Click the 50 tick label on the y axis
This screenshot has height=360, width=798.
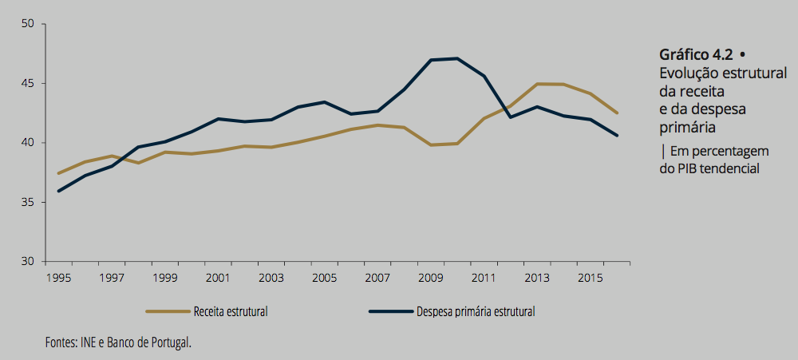pos(30,24)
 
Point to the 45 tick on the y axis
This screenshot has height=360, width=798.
pos(30,83)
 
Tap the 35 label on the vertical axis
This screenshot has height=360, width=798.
pos(30,202)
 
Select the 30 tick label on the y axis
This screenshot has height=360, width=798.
pos(30,262)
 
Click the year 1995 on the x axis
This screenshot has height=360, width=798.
pos(58,277)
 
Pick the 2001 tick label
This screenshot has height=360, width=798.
pos(218,277)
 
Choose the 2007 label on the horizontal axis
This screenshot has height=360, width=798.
pos(377,277)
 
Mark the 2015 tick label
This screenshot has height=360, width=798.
pos(590,277)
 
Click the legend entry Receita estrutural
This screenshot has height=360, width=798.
pos(230,311)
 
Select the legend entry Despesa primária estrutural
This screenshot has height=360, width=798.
pos(475,311)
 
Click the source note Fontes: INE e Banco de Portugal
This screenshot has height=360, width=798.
pos(119,342)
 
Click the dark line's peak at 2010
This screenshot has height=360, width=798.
pos(457,58)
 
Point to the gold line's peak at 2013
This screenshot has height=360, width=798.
pos(537,84)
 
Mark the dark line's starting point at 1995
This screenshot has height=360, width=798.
pos(58,191)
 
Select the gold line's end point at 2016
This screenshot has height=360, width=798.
pos(617,113)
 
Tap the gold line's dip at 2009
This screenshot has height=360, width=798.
pos(431,144)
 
